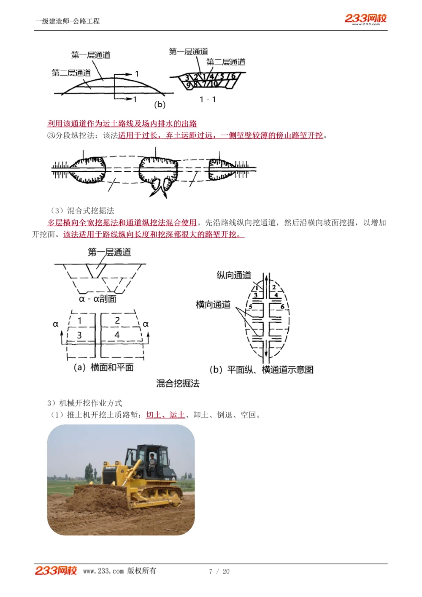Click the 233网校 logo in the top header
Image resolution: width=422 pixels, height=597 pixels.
click(x=365, y=19)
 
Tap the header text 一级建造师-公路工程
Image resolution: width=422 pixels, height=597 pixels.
click(x=68, y=21)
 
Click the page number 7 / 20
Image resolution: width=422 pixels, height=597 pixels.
click(x=219, y=571)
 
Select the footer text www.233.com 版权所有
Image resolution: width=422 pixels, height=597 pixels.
click(x=119, y=571)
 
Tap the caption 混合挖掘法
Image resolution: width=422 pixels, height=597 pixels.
click(x=178, y=384)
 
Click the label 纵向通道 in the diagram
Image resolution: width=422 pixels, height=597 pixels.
click(x=234, y=276)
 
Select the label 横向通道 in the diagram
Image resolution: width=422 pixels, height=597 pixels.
click(x=213, y=305)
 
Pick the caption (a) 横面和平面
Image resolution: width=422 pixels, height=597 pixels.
click(x=104, y=367)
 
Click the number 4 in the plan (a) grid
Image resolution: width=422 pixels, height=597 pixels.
click(x=117, y=335)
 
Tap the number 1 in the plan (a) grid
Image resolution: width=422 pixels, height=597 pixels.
click(x=80, y=321)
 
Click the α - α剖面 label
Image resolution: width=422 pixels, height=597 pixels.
click(x=97, y=299)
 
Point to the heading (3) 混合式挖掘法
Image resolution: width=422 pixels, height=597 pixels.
click(x=83, y=211)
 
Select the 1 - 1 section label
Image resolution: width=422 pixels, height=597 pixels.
click(x=208, y=100)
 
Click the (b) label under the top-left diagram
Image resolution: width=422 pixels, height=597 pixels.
click(x=160, y=104)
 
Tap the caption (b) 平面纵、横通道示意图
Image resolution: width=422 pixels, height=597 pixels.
click(x=261, y=370)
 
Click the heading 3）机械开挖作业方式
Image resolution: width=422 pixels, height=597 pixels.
click(x=85, y=403)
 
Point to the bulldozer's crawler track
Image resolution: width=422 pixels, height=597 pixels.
click(x=156, y=498)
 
